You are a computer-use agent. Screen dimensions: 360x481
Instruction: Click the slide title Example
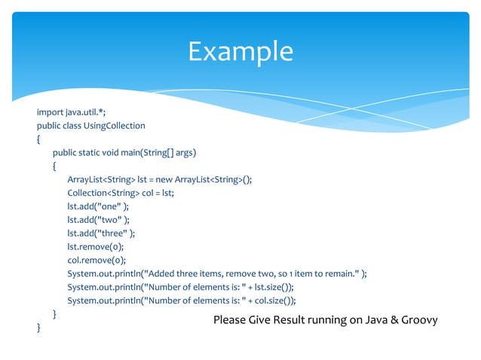240,51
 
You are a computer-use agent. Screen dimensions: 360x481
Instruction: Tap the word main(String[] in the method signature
150,152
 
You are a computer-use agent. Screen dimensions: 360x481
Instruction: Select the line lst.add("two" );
98,219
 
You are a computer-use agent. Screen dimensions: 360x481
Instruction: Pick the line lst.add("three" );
101,233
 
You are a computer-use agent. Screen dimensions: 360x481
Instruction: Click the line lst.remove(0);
95,246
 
